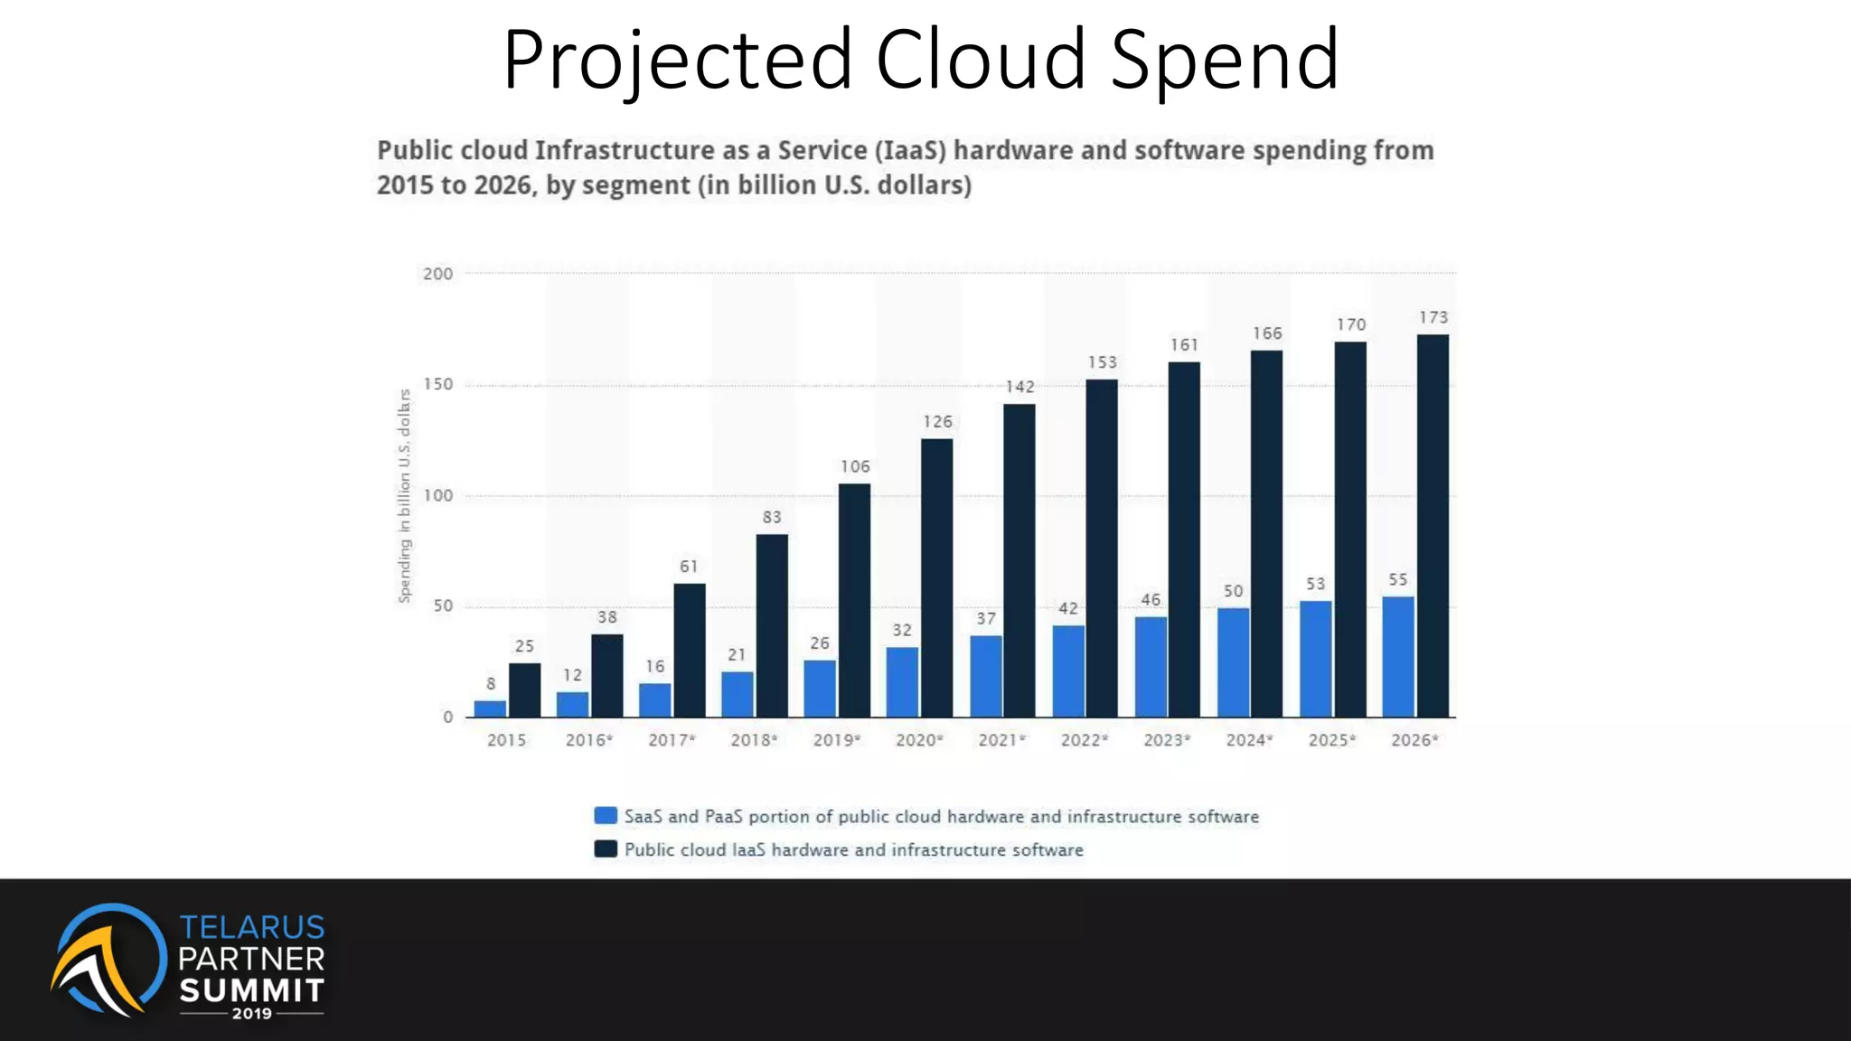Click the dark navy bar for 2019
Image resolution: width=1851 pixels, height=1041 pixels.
[854, 600]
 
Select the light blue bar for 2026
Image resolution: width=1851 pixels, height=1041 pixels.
[1397, 657]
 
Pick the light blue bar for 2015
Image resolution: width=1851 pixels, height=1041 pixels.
[490, 708]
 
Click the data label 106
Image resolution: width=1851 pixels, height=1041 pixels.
[855, 466]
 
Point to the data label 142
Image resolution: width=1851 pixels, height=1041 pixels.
[1019, 387]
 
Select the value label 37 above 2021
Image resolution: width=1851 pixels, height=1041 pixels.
[986, 619]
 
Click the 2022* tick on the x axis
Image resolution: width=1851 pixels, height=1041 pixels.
[1084, 740]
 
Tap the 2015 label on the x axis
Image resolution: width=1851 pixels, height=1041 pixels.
[506, 740]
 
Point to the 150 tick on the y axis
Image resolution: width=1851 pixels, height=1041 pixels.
[437, 384]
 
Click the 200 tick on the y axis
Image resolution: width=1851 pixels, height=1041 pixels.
[437, 274]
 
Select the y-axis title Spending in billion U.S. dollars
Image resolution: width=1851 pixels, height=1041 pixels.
[404, 495]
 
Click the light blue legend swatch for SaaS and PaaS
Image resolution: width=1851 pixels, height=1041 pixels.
[606, 816]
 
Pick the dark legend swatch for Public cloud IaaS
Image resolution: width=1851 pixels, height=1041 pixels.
[606, 849]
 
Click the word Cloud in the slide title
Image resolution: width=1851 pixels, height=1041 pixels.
[981, 60]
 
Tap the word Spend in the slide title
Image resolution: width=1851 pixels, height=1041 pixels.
[1224, 60]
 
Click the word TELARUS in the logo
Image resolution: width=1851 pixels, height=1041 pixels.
[251, 927]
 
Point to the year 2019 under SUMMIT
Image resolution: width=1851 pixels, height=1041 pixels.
[251, 1014]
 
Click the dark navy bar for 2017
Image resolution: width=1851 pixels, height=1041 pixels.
[690, 651]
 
